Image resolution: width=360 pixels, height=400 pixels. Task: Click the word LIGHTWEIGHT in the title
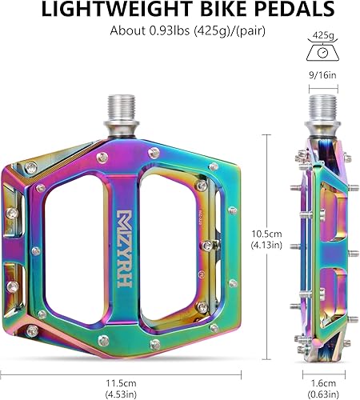(x=118, y=9)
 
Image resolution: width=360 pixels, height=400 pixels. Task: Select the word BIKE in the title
(x=223, y=9)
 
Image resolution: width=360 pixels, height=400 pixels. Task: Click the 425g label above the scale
(x=323, y=35)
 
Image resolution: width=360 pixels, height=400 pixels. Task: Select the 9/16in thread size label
(x=322, y=75)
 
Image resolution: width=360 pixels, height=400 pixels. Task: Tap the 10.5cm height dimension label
(x=267, y=234)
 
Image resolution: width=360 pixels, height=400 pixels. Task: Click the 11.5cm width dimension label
(x=122, y=383)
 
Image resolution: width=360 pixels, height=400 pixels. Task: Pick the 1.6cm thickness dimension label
(x=323, y=383)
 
